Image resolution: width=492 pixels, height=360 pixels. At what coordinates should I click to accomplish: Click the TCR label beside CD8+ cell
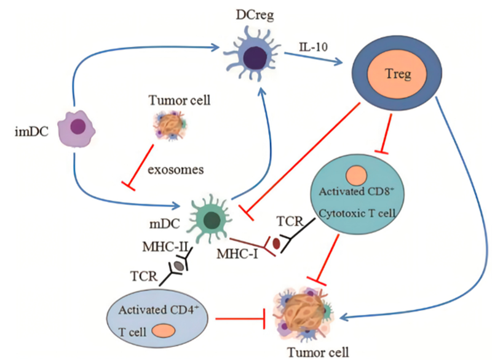pos(290,219)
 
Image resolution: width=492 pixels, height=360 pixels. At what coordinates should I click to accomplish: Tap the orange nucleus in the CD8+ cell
pos(357,176)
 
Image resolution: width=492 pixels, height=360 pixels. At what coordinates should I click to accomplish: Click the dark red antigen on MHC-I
pos(276,244)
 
